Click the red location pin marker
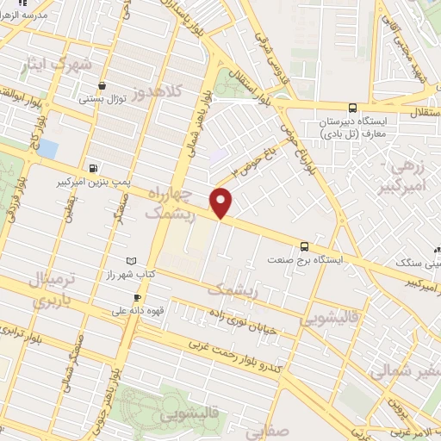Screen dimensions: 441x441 pos(221,203)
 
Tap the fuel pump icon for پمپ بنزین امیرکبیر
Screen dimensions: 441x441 pos(93,168)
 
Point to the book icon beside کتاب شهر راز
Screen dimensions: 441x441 pos(131,260)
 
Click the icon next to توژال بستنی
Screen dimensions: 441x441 pos(102,85)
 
